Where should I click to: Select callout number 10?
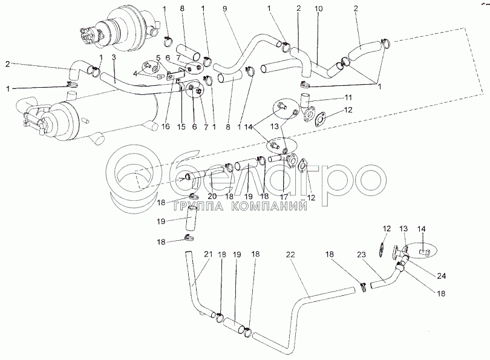pos(319,9)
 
